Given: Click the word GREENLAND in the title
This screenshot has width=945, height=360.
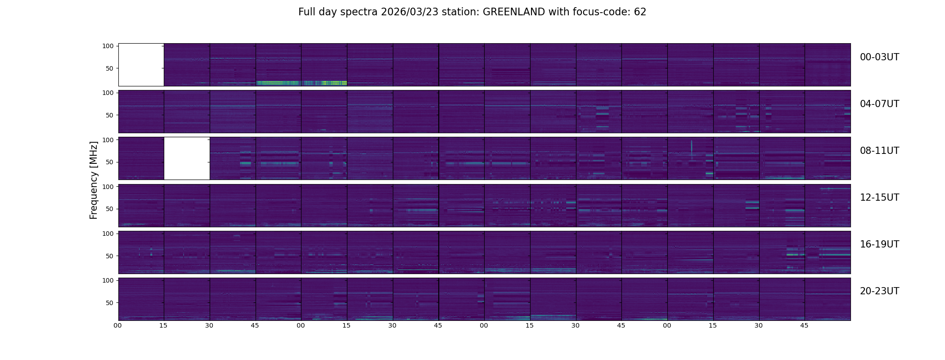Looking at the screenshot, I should (513, 12).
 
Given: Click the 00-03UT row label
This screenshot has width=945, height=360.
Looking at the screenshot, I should (879, 57).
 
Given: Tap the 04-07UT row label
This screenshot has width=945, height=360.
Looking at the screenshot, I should (879, 104).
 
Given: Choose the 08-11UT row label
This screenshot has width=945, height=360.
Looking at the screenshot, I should (879, 151).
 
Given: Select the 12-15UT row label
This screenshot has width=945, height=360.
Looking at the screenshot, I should (879, 198).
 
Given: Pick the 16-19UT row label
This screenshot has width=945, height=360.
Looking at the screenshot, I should (879, 244).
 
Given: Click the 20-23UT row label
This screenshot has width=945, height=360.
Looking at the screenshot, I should (879, 291).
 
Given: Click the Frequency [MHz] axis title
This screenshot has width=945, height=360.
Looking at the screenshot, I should (94, 180).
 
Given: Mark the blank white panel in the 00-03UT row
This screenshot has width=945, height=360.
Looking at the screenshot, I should (141, 65).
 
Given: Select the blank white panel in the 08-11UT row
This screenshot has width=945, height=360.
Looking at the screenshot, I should (187, 158).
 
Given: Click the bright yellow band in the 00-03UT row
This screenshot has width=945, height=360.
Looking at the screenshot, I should (279, 83).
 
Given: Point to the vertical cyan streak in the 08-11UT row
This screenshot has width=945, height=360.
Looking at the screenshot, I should (692, 148).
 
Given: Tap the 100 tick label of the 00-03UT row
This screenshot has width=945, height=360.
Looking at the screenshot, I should (108, 46).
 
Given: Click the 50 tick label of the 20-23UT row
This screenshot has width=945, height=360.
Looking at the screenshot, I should (110, 303).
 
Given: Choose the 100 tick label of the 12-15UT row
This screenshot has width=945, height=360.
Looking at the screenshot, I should (108, 186).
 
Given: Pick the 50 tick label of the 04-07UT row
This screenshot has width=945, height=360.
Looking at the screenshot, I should (110, 115).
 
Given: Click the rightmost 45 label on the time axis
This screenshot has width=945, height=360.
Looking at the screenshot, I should (804, 325).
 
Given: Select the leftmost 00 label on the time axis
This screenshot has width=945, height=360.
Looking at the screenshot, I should (118, 325).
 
